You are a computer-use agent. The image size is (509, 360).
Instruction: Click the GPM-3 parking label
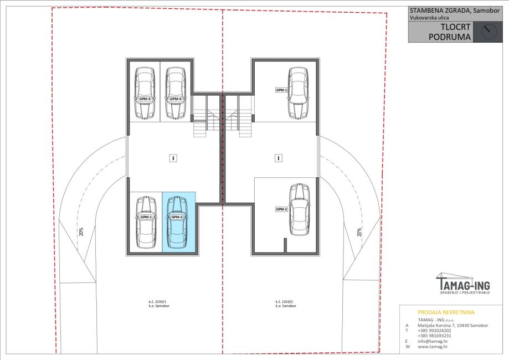click(x=145, y=99)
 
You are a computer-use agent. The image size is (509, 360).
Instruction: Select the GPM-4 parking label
click(x=176, y=99)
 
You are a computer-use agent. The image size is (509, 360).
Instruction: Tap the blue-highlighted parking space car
click(x=177, y=222)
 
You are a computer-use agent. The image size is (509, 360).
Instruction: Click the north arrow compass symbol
click(x=489, y=32)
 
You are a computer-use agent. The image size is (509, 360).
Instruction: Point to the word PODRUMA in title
click(x=450, y=37)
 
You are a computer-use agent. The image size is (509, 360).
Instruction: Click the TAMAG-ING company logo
click(x=463, y=284)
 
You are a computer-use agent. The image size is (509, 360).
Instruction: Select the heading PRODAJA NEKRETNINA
click(x=446, y=312)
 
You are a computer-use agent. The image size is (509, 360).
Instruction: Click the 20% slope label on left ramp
click(x=81, y=232)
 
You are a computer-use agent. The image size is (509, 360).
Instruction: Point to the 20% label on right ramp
click(x=359, y=232)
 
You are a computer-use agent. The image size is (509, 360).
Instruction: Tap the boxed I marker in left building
click(x=173, y=158)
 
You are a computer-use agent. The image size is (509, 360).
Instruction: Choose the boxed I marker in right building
click(x=278, y=158)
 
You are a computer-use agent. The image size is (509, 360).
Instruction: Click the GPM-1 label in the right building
click(x=281, y=90)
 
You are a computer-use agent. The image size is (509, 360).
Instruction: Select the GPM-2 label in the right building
click(x=281, y=209)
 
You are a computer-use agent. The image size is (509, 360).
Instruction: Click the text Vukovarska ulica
click(x=429, y=18)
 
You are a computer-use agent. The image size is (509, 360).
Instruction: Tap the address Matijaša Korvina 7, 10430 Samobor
click(x=453, y=325)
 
